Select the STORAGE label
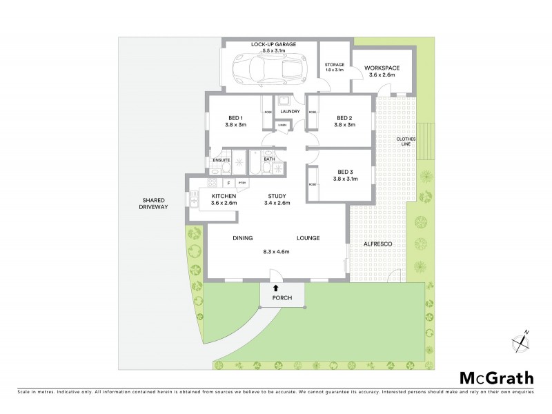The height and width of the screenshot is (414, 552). (335, 64)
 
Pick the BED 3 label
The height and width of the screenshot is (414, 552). (345, 172)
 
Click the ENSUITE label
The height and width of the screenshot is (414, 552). (221, 161)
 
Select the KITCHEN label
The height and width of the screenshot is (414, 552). (224, 196)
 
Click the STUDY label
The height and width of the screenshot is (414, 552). (277, 196)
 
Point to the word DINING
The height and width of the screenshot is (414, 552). (242, 238)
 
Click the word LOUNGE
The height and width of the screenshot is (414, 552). (308, 238)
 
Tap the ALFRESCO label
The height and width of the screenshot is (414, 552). (377, 244)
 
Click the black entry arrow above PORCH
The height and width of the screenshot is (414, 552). (276, 288)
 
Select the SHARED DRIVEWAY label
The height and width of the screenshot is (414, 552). (152, 204)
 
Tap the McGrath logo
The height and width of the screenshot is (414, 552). (497, 377)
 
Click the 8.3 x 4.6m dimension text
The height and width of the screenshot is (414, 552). (276, 252)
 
